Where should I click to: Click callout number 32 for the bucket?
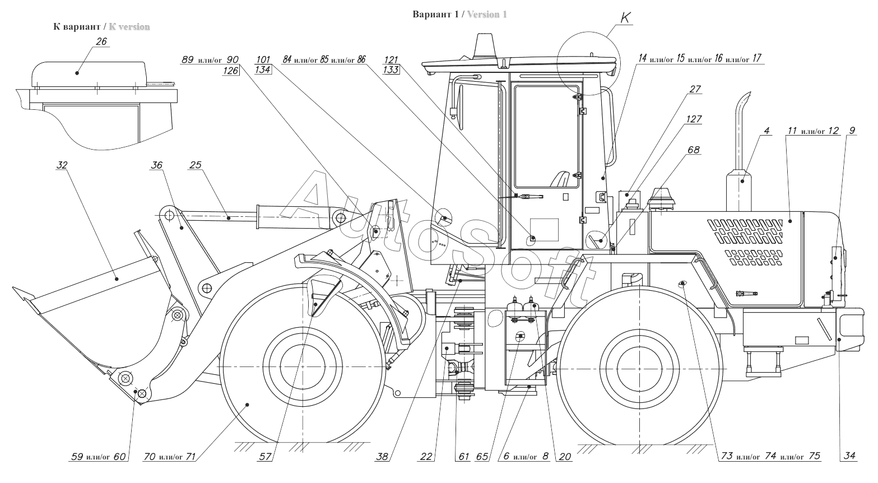click(x=62, y=165)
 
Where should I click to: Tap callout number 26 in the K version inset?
click(x=102, y=42)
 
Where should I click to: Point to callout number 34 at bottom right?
click(x=849, y=457)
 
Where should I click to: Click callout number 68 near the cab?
click(x=694, y=150)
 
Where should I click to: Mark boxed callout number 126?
click(x=231, y=70)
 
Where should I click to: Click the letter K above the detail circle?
click(x=625, y=18)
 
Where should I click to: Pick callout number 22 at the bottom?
click(x=426, y=457)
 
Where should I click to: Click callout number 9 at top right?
click(x=852, y=131)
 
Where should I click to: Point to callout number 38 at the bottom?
click(x=382, y=457)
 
